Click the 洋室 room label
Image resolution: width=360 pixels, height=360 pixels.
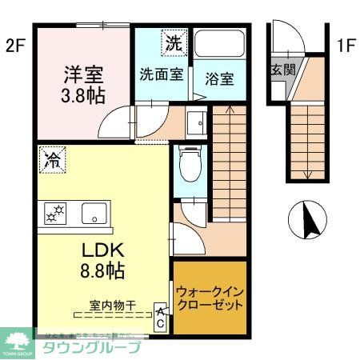83,78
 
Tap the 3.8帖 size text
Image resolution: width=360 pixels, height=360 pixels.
84,98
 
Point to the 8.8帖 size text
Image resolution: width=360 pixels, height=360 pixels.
101,270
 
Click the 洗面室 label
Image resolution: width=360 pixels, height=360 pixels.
162,76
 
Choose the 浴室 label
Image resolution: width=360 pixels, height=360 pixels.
218,79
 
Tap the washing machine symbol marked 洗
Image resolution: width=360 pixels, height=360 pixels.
173,43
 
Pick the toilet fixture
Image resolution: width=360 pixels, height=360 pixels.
190,166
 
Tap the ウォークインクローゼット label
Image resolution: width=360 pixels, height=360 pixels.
210,298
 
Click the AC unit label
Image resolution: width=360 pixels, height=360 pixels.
160,317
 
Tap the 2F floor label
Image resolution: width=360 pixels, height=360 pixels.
15,46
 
